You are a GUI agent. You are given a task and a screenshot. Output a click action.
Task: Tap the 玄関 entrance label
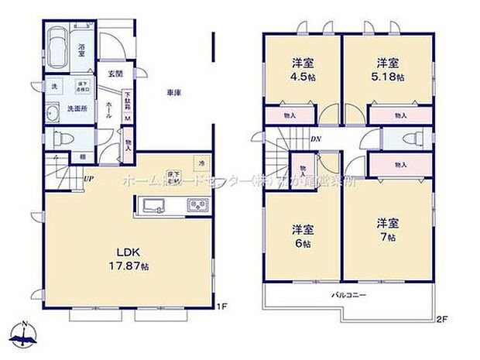[x=115, y=74]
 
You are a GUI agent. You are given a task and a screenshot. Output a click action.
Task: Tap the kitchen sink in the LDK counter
[x=153, y=205]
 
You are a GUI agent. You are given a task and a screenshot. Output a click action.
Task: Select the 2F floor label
[x=442, y=317]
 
